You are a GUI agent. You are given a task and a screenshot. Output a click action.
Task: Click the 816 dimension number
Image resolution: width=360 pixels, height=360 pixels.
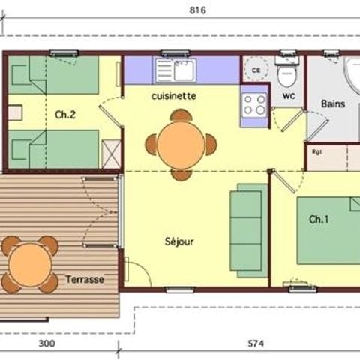click(x=197, y=10)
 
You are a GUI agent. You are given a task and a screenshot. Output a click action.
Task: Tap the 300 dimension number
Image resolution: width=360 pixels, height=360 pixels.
click(x=47, y=344)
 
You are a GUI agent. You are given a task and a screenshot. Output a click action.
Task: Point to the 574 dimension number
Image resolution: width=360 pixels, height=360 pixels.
click(x=257, y=344)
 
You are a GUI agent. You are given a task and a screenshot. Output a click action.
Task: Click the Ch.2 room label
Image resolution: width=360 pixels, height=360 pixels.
click(x=65, y=115)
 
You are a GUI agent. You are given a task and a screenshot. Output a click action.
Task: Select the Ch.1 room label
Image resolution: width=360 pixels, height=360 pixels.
click(x=319, y=219)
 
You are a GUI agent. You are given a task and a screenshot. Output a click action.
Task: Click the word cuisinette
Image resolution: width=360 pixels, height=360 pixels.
click(x=173, y=96)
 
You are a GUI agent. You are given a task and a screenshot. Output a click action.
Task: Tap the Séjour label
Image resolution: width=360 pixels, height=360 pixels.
click(x=179, y=241)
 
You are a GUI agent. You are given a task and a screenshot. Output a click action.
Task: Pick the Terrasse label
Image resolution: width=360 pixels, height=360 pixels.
click(x=84, y=279)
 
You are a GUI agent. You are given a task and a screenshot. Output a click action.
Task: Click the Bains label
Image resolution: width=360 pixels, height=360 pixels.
click(x=333, y=103)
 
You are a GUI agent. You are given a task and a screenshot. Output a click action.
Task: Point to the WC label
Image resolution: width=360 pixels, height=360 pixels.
click(x=289, y=97)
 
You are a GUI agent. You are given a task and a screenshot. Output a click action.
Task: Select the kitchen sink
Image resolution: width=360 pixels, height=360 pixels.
click(x=175, y=71)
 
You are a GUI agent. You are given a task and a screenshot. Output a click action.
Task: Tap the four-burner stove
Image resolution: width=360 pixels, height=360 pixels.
click(x=254, y=106)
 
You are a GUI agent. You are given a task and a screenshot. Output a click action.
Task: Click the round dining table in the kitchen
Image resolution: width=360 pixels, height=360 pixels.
click(x=180, y=144)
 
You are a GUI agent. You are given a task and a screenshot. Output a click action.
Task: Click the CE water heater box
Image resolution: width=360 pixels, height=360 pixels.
click(x=255, y=70)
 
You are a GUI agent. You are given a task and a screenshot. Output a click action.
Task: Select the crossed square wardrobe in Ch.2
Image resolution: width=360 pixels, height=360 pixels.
click(x=110, y=156)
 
